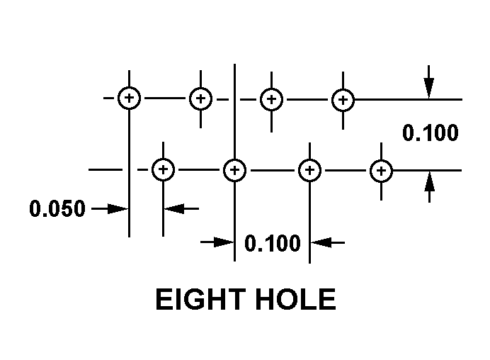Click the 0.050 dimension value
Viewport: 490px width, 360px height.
click(57, 208)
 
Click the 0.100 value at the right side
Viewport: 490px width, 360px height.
click(431, 133)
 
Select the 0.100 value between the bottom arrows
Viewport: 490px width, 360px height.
click(273, 243)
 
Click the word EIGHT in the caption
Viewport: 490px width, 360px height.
click(200, 299)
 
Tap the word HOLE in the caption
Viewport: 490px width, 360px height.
click(296, 299)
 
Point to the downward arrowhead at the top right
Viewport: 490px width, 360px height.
click(429, 88)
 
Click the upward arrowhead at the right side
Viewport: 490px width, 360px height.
click(429, 181)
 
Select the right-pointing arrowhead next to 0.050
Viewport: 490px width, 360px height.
click(118, 208)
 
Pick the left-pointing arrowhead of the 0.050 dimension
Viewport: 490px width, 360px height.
click(174, 208)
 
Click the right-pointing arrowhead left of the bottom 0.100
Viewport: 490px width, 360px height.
click(224, 242)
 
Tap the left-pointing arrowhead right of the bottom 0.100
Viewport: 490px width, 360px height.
click(321, 242)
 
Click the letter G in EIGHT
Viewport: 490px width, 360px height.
click(195, 299)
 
